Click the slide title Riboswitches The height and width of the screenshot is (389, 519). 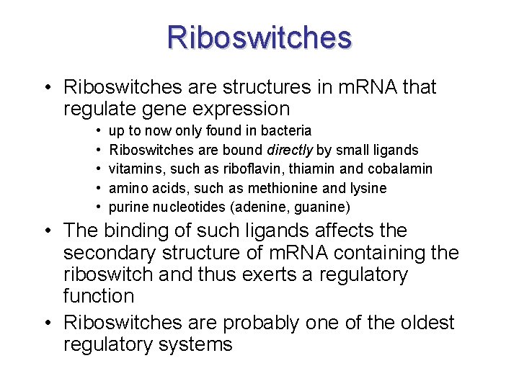tap(259, 37)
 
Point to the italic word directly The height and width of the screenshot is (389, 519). tap(291, 150)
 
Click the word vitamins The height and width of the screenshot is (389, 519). tap(134, 169)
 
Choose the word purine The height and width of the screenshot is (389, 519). tap(128, 207)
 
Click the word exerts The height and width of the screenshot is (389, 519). tap(247, 275)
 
